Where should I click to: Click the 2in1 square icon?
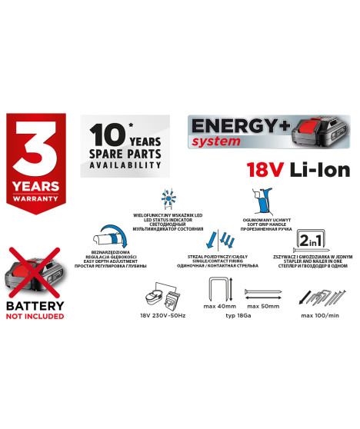point(311,241)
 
